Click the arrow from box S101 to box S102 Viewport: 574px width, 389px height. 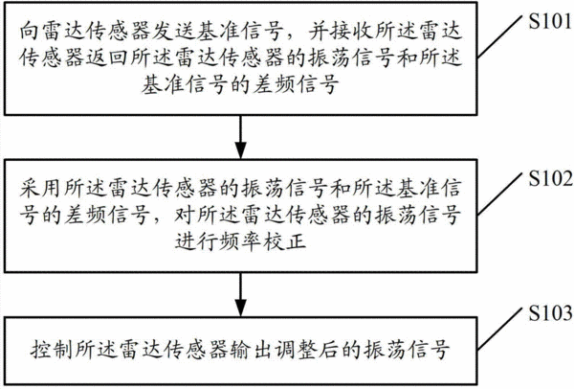tap(240, 137)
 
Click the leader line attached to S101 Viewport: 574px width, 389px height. tap(499, 37)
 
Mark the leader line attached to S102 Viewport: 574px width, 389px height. tap(499, 194)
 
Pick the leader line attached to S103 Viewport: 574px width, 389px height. tap(499, 329)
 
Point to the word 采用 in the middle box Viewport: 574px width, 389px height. tap(41, 188)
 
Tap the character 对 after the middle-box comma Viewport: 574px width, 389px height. tap(185, 215)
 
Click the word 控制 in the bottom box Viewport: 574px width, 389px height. tap(52, 350)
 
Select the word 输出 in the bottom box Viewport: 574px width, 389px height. tap(251, 350)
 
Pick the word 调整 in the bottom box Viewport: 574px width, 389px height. tap(295, 350)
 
